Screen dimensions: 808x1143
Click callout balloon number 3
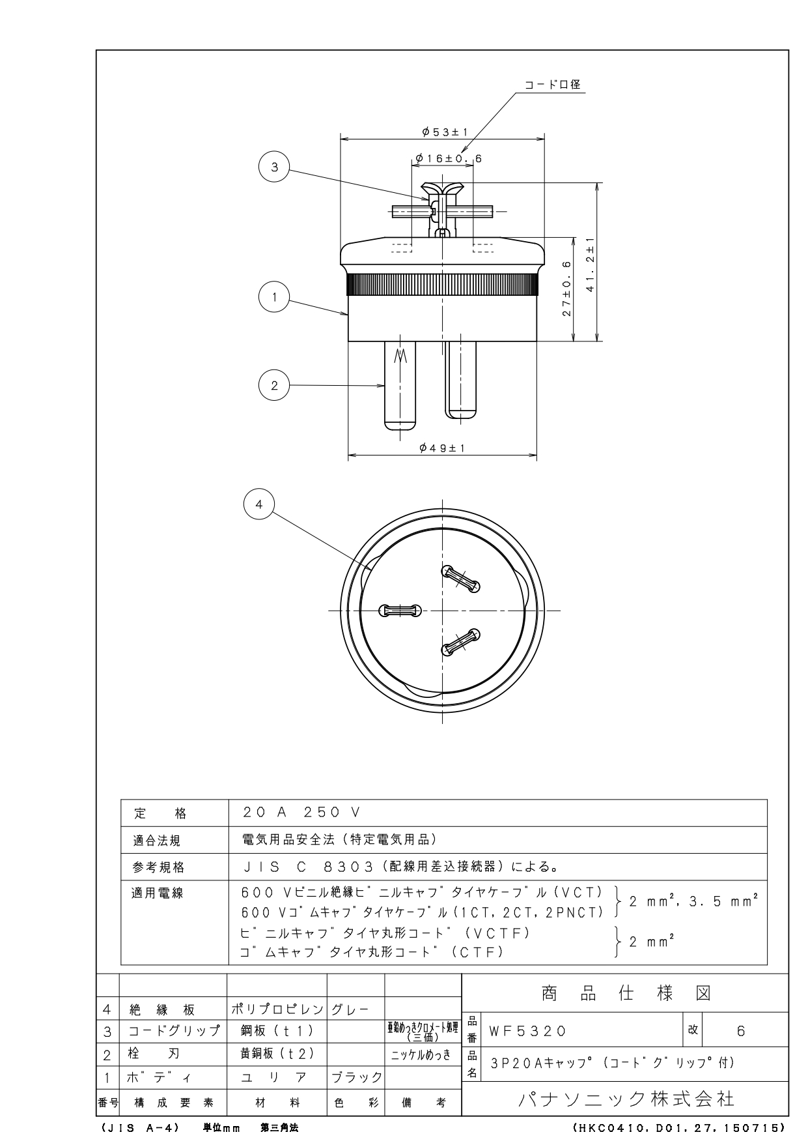(275, 167)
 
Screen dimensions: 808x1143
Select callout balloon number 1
(274, 298)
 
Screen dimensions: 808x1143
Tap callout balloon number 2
(274, 385)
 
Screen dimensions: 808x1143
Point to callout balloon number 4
(259, 504)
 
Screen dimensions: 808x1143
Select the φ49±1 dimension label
(442, 448)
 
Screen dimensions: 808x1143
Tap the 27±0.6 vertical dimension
(566, 289)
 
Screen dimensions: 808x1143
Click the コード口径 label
(553, 85)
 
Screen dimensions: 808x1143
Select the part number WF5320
(527, 1032)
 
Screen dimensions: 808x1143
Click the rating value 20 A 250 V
(301, 813)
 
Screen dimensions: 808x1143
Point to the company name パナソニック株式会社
(626, 1099)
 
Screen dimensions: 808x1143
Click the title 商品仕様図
(626, 993)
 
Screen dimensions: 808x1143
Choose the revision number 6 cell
(740, 1031)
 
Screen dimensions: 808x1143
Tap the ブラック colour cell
(356, 1077)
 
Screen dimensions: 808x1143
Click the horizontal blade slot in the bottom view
(400, 611)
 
